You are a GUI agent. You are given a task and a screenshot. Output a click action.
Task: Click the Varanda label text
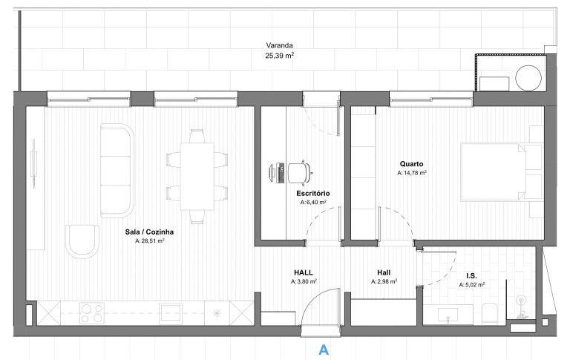279,45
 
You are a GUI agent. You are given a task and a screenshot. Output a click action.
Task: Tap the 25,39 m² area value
279,56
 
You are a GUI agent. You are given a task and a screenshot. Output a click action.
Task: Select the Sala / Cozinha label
149,232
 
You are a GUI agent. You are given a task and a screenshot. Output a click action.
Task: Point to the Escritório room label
313,194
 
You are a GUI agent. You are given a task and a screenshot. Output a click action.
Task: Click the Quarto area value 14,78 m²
411,173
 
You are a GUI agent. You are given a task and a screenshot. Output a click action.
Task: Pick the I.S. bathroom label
471,276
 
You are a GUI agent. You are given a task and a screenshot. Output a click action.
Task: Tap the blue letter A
324,350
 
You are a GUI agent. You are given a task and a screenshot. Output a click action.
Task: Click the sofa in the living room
117,171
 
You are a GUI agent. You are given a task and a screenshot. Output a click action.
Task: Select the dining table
197,176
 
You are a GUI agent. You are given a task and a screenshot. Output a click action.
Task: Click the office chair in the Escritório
300,172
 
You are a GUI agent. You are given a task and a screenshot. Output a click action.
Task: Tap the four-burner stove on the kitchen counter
91,313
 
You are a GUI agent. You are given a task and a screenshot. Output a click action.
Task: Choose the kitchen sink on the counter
171,312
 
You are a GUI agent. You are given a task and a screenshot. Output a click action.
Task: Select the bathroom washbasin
448,315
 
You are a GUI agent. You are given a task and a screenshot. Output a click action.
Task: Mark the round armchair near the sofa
82,241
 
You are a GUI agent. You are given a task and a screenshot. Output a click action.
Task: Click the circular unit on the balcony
528,78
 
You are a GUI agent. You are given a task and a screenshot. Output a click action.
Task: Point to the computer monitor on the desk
272,173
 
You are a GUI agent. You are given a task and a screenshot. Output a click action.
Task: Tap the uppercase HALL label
303,272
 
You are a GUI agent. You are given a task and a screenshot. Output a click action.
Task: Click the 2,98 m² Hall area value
384,281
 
